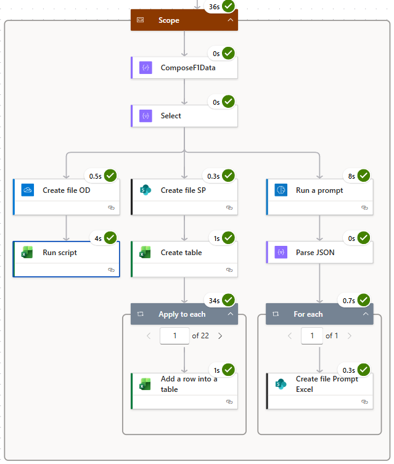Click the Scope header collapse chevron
(x=231, y=20)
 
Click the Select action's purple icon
(x=146, y=115)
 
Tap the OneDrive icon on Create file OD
(x=27, y=190)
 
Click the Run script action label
(x=60, y=253)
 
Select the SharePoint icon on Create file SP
(x=146, y=190)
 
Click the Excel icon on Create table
(x=146, y=253)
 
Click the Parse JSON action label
(x=315, y=253)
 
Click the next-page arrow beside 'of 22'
(x=220, y=336)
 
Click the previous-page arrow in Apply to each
(x=149, y=336)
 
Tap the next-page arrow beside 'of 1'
(x=350, y=336)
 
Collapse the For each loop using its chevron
(x=366, y=314)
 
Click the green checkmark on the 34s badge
(x=229, y=299)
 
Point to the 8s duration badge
(x=351, y=176)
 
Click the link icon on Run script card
(x=111, y=270)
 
